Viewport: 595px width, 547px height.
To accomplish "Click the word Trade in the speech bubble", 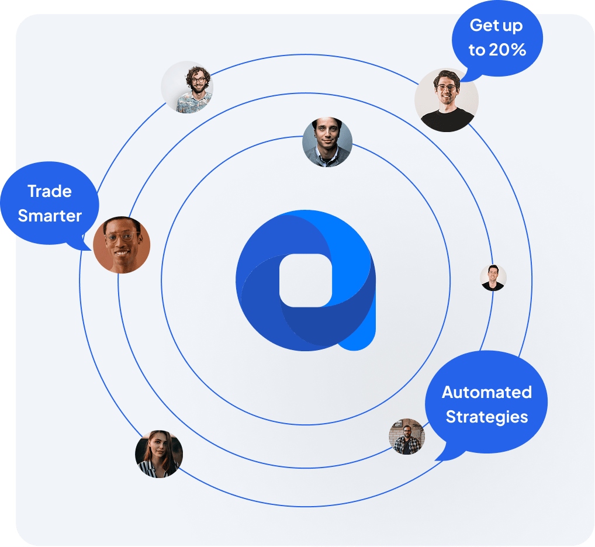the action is (50, 191).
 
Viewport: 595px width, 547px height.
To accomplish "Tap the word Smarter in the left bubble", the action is (50, 216).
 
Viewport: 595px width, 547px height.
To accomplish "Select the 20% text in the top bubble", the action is (507, 50).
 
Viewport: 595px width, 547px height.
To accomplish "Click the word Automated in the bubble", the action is (487, 392).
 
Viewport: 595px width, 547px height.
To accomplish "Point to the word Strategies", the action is (487, 417).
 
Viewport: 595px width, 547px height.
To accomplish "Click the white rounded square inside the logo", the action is (306, 281).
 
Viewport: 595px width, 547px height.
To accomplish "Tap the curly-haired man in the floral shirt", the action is (187, 87).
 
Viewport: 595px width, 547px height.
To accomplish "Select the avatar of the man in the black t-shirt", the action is (447, 100).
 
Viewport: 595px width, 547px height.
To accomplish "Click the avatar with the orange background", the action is (122, 245).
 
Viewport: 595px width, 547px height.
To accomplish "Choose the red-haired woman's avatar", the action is (159, 453).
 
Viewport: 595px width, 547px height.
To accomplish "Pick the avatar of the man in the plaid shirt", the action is (407, 436).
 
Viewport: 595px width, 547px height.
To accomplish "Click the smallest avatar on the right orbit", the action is (493, 278).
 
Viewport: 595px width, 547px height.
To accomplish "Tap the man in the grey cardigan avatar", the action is (327, 142).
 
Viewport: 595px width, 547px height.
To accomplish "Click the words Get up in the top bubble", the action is (496, 25).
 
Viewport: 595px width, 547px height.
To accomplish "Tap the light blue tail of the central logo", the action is (359, 334).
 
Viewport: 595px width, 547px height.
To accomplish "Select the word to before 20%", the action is (477, 50).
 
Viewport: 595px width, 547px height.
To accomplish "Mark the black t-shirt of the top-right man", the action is (447, 120).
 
